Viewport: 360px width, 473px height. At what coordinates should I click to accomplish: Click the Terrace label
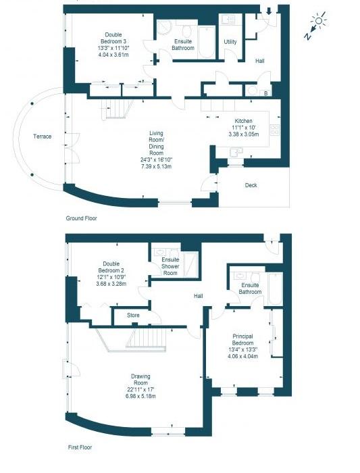[42, 136]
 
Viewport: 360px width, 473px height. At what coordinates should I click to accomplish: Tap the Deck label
[251, 185]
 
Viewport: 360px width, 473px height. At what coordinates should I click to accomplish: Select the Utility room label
[230, 42]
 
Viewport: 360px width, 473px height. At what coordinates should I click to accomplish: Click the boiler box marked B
[266, 93]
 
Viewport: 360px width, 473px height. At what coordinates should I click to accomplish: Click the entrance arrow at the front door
[269, 11]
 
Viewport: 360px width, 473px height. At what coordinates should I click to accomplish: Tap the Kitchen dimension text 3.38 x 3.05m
[244, 134]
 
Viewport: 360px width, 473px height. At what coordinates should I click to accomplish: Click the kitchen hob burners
[275, 130]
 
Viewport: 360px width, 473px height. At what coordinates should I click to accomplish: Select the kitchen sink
[236, 151]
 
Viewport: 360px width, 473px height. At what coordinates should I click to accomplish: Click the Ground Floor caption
[82, 218]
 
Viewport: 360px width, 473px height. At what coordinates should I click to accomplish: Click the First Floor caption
[80, 447]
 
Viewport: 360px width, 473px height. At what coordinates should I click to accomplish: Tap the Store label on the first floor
[133, 316]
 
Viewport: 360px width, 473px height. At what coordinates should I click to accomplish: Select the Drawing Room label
[140, 380]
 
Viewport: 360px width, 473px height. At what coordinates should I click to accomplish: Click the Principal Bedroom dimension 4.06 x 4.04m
[243, 356]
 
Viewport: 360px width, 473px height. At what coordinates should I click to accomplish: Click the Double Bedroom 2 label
[111, 268]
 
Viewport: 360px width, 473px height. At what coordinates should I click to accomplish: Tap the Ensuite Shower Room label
[170, 266]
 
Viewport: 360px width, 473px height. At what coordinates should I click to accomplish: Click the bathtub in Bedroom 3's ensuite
[206, 42]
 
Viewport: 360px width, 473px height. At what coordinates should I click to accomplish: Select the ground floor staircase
[118, 109]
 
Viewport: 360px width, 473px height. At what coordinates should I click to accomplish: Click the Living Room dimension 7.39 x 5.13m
[157, 166]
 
